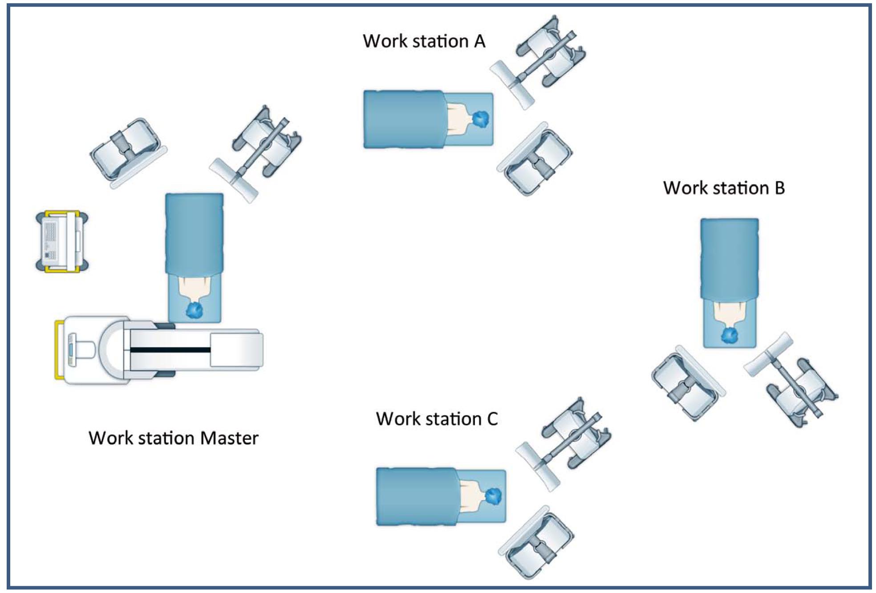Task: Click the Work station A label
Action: tap(424, 41)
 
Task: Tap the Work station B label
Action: tap(724, 188)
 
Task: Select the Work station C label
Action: tap(437, 419)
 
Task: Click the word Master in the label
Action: tap(229, 438)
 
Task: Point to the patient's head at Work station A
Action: tap(480, 119)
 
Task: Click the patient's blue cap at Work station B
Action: tap(730, 335)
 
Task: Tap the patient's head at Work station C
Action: tap(493, 496)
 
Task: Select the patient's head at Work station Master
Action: tap(194, 310)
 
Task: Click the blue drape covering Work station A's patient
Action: tap(403, 119)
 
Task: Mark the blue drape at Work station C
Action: tap(416, 496)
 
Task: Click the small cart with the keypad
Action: tap(61, 241)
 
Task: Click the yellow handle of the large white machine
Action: tap(58, 349)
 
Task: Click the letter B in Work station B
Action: tap(779, 188)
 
